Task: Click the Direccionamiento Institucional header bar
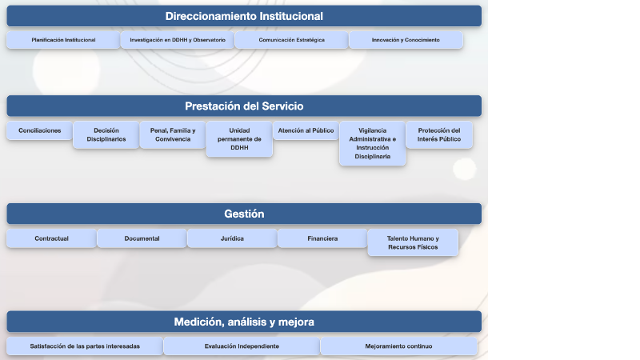click(244, 16)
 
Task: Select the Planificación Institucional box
click(63, 40)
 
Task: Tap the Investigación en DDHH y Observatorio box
click(178, 40)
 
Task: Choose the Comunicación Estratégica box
click(291, 40)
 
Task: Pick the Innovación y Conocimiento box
click(406, 40)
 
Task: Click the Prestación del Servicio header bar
click(244, 106)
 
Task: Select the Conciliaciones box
click(39, 130)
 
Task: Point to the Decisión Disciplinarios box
click(106, 134)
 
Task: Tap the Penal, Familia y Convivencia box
click(172, 134)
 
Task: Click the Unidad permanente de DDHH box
click(239, 139)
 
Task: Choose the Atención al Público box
click(306, 130)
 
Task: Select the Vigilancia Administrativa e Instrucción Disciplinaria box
click(372, 143)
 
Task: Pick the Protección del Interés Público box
click(439, 134)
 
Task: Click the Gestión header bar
click(244, 214)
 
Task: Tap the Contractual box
click(51, 238)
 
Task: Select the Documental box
click(142, 238)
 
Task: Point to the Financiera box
click(322, 238)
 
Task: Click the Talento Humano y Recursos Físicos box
click(413, 242)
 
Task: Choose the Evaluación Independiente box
click(242, 346)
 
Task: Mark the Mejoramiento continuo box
click(398, 346)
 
